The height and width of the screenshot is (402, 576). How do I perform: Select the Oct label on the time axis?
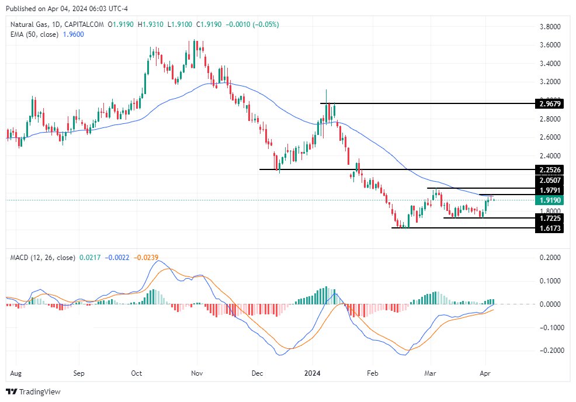pyautogui.click(x=136, y=372)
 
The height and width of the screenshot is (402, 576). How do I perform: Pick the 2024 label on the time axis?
pyautogui.click(x=313, y=372)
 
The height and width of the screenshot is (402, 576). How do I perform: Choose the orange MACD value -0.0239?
pyautogui.click(x=146, y=258)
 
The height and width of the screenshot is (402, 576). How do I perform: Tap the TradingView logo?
pyautogui.click(x=33, y=391)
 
